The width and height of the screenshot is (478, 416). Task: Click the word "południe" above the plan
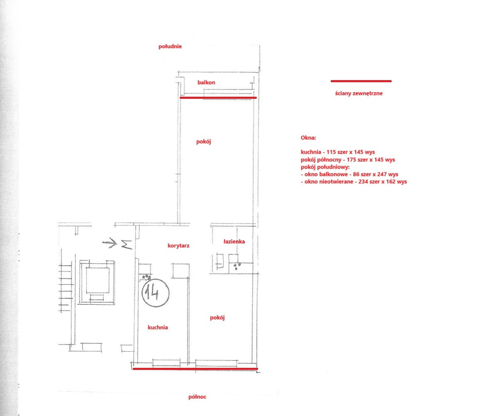pyautogui.click(x=170, y=46)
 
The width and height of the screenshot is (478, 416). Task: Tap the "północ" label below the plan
pyautogui.click(x=197, y=397)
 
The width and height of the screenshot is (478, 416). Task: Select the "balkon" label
pyautogui.click(x=206, y=82)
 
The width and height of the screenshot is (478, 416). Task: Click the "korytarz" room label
pyautogui.click(x=178, y=245)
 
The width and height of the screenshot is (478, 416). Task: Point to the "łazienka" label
pyautogui.click(x=234, y=242)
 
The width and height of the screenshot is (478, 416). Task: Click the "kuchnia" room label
pyautogui.click(x=158, y=327)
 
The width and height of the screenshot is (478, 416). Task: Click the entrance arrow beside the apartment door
pyautogui.click(x=110, y=243)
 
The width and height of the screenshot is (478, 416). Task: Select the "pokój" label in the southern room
pyautogui.click(x=204, y=142)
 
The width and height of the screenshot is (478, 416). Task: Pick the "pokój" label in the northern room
pyautogui.click(x=217, y=318)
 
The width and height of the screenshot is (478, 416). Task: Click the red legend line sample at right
pyautogui.click(x=361, y=81)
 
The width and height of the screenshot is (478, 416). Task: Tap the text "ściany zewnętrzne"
pyautogui.click(x=359, y=93)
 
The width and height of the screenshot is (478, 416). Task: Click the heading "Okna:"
pyautogui.click(x=308, y=137)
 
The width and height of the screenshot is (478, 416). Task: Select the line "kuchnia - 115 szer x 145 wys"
pyautogui.click(x=338, y=152)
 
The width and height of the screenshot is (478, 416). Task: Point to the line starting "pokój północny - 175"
pyautogui.click(x=348, y=159)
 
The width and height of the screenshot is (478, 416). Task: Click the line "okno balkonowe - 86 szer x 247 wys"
pyautogui.click(x=349, y=174)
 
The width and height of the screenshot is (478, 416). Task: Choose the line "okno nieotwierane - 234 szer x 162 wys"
pyautogui.click(x=354, y=181)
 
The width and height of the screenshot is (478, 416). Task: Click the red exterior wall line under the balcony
pyautogui.click(x=218, y=98)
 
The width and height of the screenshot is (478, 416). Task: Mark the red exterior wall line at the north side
pyautogui.click(x=195, y=369)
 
